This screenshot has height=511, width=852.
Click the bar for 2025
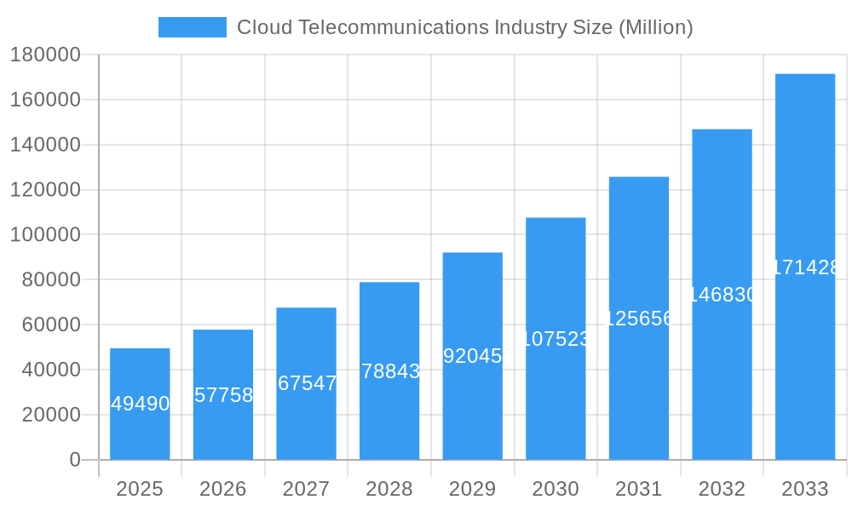140,426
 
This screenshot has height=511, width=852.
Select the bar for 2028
389,409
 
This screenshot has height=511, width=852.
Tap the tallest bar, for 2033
805,341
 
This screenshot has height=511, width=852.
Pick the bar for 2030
556,392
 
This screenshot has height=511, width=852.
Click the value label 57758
223,395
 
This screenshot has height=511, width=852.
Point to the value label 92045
473,356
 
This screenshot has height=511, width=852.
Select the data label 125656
639,319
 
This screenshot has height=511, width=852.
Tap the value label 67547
307,383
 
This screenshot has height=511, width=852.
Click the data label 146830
722,295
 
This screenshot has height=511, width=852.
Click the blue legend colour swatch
193,27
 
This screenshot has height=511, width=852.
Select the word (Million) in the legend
655,27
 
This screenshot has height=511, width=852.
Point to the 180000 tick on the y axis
44,55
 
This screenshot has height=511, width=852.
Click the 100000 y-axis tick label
44,234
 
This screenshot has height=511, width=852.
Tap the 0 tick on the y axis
75,460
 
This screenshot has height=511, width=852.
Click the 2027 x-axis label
306,489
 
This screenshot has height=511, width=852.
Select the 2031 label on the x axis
639,489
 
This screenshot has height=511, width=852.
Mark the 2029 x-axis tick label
472,489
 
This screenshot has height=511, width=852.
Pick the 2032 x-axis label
722,489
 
